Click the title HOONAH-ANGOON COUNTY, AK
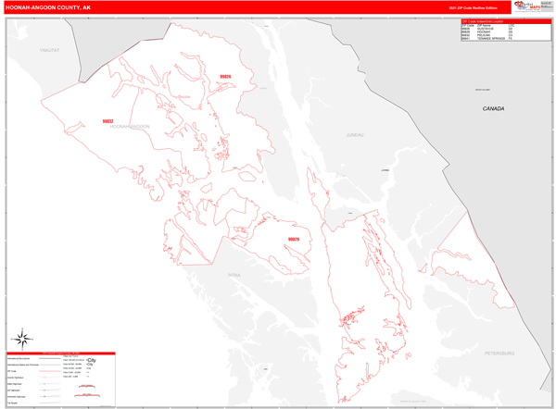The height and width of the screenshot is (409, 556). coord(48,7)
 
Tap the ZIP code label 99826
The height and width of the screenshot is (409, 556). coord(225,77)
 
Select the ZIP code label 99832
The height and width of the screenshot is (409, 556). coord(107,121)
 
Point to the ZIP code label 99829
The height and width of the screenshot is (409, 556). coord(293,240)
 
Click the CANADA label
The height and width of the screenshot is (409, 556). coord(493,109)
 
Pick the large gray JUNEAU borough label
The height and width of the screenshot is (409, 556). coord(355,135)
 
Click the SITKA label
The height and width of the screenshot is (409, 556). coord(234,275)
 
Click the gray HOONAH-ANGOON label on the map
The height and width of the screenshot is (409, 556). coord(130,127)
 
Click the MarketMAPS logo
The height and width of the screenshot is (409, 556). coord(532,7)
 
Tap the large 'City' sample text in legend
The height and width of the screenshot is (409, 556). coord(92,359)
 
